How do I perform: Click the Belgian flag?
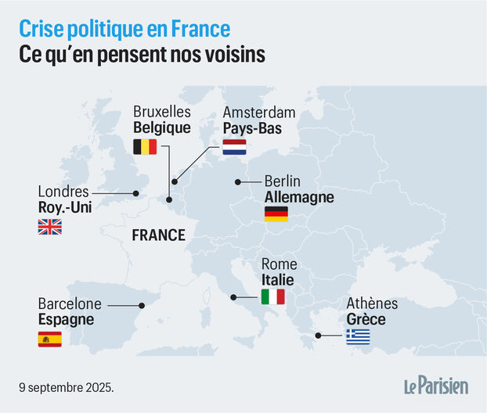click(145, 146)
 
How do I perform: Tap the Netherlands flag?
click(234, 146)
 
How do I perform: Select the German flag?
click(276, 214)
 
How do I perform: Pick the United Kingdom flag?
click(50, 227)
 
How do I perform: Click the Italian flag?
click(273, 297)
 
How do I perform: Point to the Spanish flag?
click(50, 339)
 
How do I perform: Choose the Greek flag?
click(359, 337)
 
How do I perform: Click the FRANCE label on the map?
click(158, 235)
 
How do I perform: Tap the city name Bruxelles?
click(162, 112)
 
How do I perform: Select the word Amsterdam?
click(259, 112)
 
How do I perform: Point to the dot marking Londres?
click(135, 192)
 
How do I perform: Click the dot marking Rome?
click(233, 297)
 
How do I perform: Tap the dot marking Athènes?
click(318, 336)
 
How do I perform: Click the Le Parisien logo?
click(435, 386)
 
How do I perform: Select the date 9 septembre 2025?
click(67, 387)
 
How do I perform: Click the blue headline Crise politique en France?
click(124, 29)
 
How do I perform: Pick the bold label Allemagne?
click(299, 197)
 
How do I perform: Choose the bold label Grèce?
click(366, 319)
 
